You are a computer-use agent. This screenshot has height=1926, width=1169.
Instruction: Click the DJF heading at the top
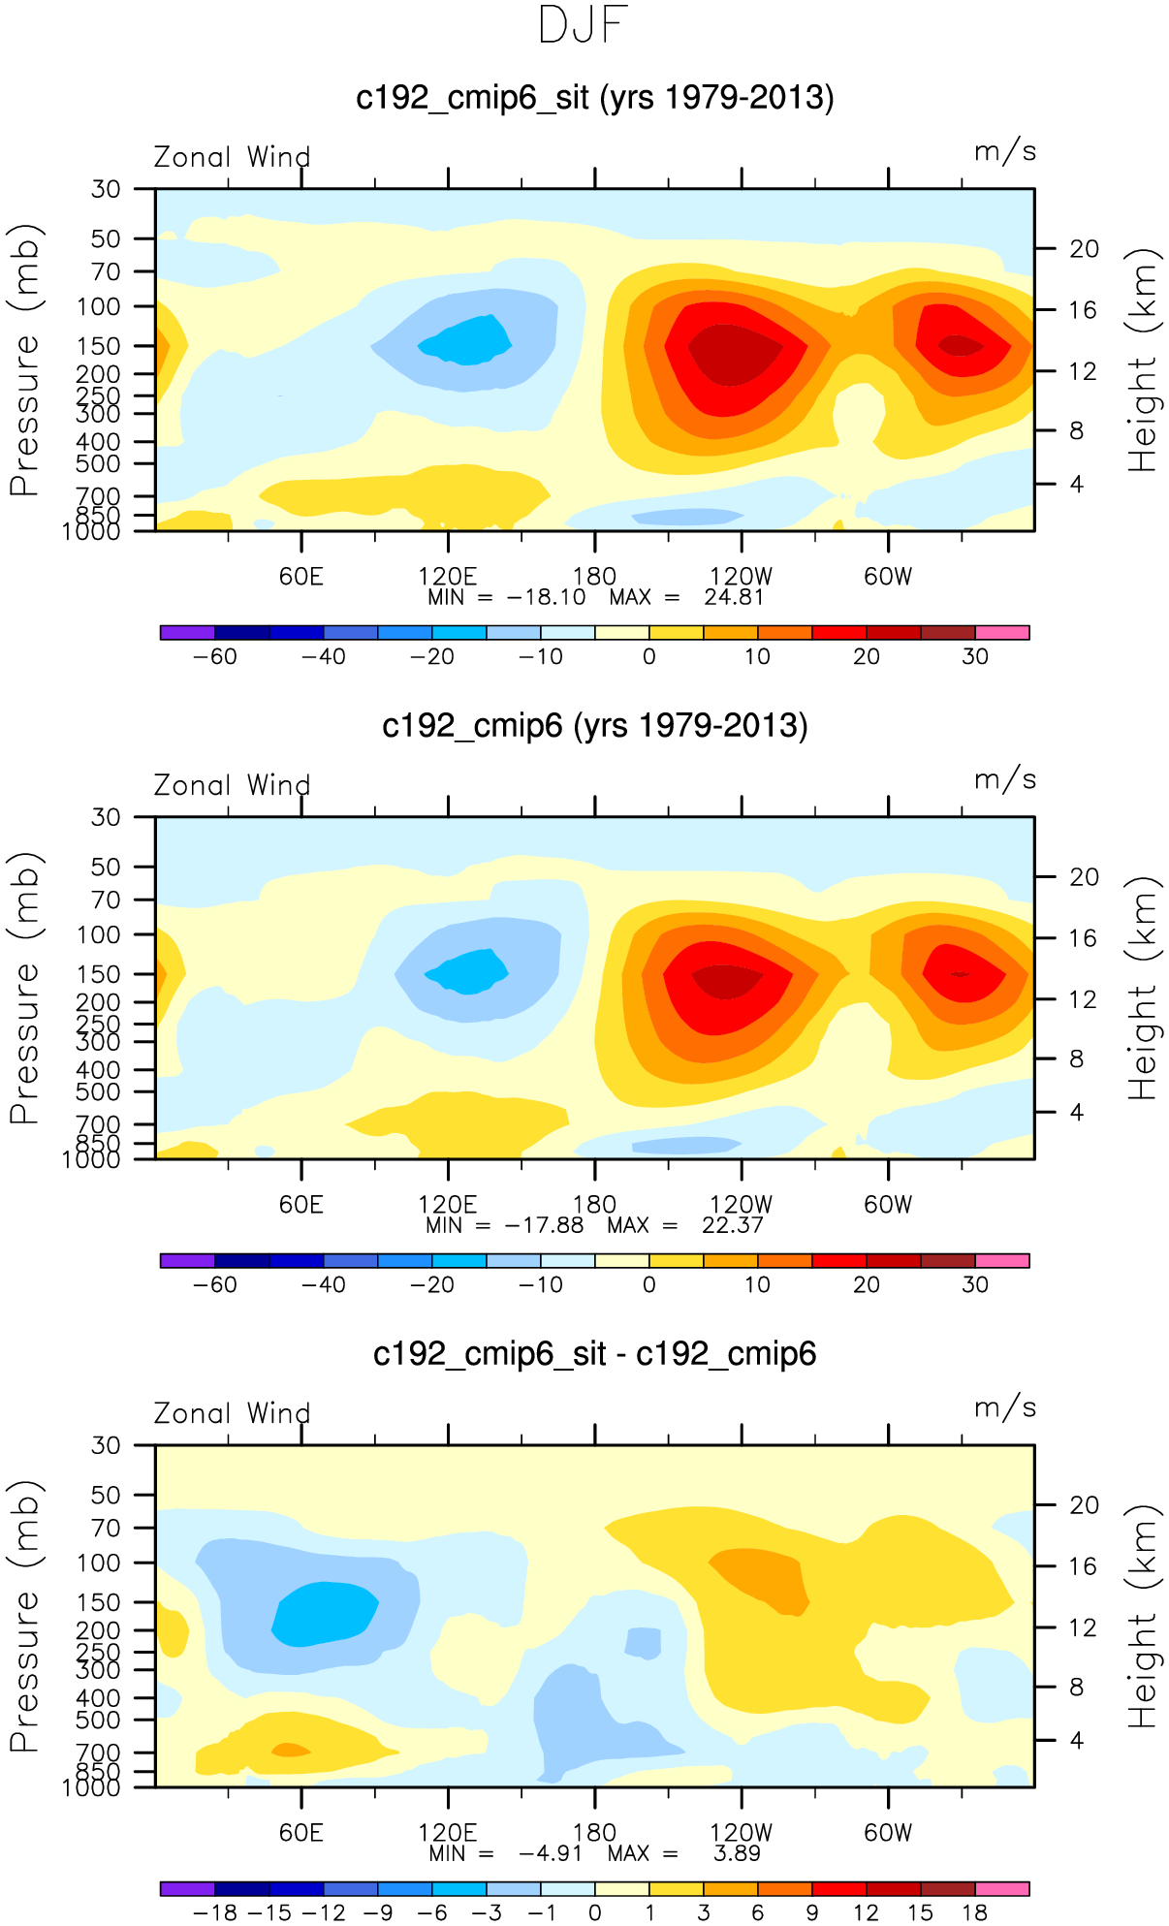point(584,25)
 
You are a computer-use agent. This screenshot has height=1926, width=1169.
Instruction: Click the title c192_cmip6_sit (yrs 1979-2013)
point(594,98)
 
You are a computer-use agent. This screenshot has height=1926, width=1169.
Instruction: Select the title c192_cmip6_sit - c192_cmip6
point(594,1353)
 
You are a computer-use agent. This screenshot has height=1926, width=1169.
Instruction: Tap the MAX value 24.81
point(734,597)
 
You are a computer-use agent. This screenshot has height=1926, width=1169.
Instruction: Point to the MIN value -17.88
point(544,1225)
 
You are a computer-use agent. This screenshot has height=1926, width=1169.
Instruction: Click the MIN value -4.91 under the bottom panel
point(551,1853)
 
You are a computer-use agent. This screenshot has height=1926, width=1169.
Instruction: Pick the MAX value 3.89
point(737,1853)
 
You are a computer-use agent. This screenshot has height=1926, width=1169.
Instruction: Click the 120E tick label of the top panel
point(447,577)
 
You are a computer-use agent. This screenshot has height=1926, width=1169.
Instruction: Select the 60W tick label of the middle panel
point(888,1205)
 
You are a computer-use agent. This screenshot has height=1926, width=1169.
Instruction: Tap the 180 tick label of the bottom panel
point(594,1833)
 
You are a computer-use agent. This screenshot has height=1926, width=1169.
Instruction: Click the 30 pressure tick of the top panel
point(106,189)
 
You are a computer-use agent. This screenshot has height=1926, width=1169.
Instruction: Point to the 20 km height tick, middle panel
point(1084,877)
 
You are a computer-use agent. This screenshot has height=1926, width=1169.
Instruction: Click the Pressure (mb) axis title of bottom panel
point(24,1616)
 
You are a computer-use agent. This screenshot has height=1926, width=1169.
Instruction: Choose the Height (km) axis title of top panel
point(1144,360)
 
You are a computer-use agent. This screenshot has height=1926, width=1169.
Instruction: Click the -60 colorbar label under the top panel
point(214,656)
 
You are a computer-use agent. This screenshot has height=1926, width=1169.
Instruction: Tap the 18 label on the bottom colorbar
point(974,1912)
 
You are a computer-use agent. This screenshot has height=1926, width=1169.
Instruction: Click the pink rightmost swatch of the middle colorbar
point(1001,1261)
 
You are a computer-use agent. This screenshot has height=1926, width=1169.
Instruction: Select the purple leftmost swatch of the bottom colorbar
point(187,1889)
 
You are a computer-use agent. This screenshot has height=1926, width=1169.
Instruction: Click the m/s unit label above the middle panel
point(1005,779)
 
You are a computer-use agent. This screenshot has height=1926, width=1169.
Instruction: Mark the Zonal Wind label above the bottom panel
point(233,1413)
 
